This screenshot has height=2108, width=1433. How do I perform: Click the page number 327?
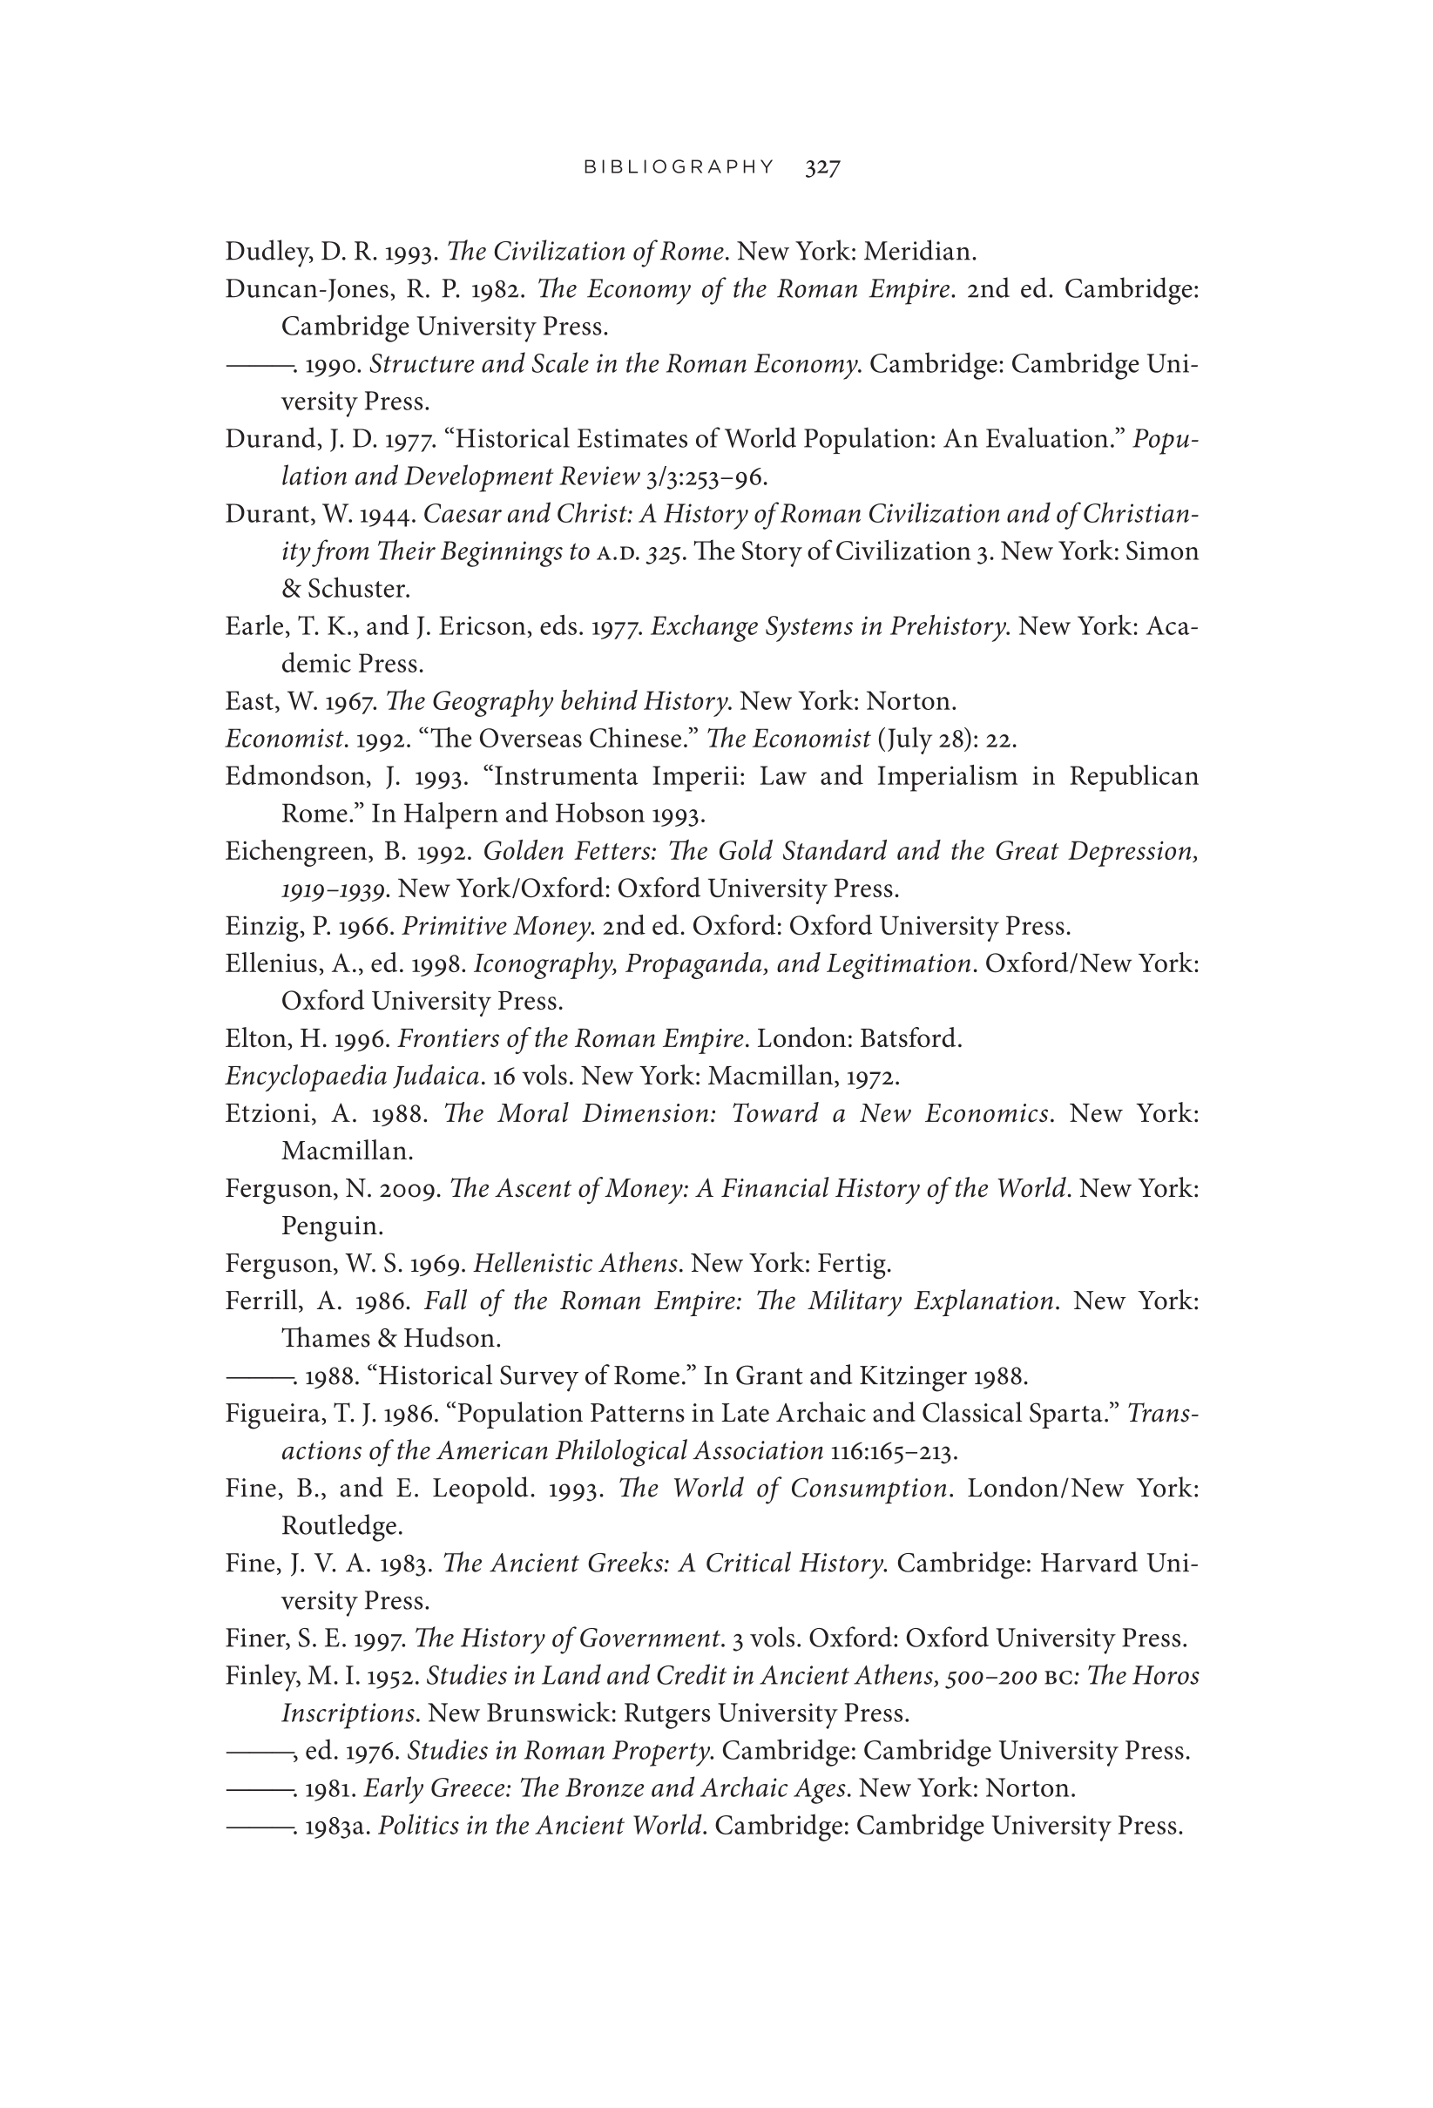point(821,167)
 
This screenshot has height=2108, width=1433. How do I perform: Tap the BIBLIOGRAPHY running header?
point(679,167)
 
